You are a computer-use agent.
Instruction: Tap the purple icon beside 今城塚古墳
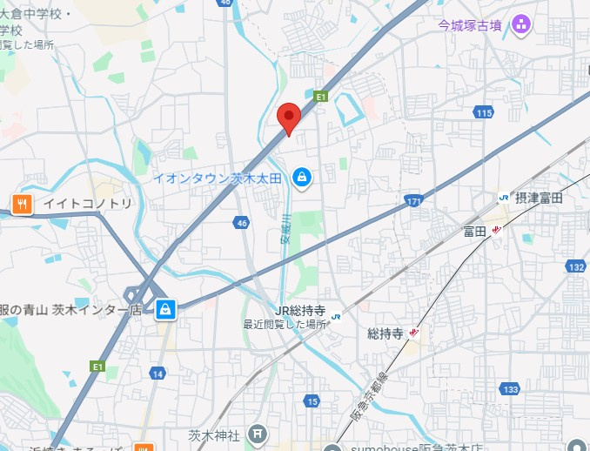pyautogui.click(x=522, y=24)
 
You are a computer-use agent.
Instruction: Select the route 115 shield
pyautogui.click(x=484, y=113)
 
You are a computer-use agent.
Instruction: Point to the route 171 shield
pyautogui.click(x=414, y=202)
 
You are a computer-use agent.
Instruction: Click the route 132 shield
pyautogui.click(x=575, y=266)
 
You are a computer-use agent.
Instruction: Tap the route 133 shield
pyautogui.click(x=511, y=388)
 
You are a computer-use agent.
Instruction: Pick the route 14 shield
pyautogui.click(x=157, y=374)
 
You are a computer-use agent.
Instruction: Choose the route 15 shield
pyautogui.click(x=312, y=401)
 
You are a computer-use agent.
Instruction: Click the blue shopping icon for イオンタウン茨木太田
pyautogui.click(x=301, y=178)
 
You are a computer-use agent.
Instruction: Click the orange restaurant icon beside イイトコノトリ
pyautogui.click(x=22, y=204)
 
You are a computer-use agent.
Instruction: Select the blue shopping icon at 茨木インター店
pyautogui.click(x=165, y=309)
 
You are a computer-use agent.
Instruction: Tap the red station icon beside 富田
pyautogui.click(x=496, y=230)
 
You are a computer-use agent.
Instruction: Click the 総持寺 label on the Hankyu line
pyautogui.click(x=386, y=333)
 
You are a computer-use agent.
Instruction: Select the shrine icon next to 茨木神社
pyautogui.click(x=258, y=434)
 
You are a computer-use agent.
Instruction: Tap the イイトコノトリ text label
pyautogui.click(x=89, y=204)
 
